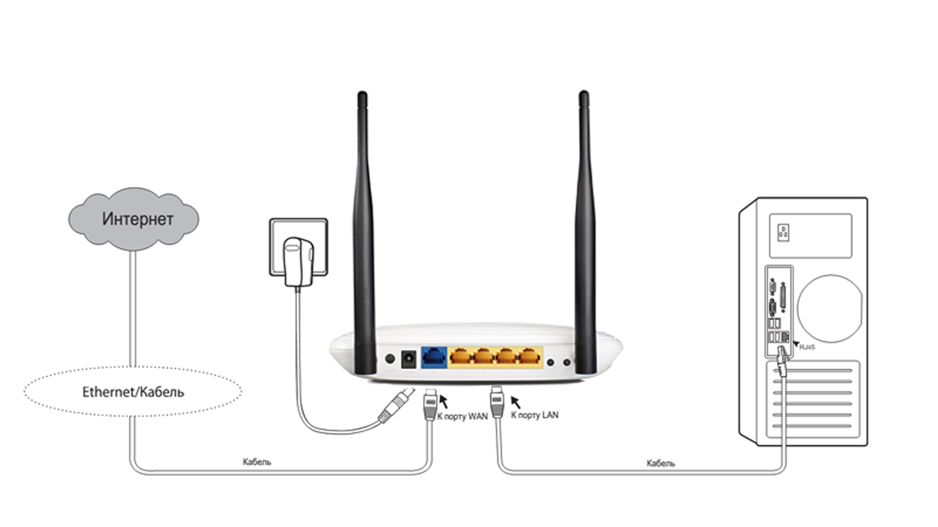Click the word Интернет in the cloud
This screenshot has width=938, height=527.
pyautogui.click(x=137, y=219)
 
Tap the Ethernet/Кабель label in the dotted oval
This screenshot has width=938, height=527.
pyautogui.click(x=133, y=392)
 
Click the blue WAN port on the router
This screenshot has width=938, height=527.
pyautogui.click(x=434, y=357)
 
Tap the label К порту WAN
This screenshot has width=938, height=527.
pyautogui.click(x=462, y=416)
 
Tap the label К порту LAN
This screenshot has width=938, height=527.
pyautogui.click(x=534, y=415)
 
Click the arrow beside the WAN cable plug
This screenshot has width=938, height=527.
pyautogui.click(x=444, y=401)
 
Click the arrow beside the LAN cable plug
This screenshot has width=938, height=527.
pyautogui.click(x=515, y=402)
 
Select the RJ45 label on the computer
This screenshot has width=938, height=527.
pyautogui.click(x=807, y=347)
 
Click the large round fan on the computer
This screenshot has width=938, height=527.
pyautogui.click(x=830, y=308)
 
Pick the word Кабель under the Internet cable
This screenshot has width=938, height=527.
pyautogui.click(x=256, y=462)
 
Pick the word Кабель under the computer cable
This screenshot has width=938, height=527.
pyautogui.click(x=661, y=463)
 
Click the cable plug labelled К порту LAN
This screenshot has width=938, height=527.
pyautogui.click(x=497, y=401)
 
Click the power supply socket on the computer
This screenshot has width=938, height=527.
pyautogui.click(x=783, y=233)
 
